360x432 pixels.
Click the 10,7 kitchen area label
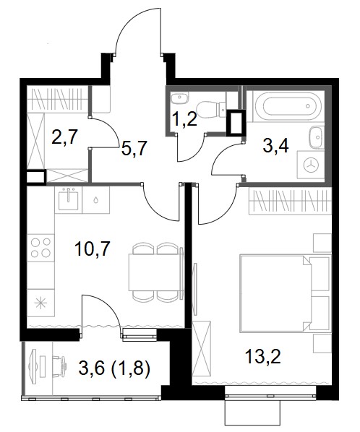point(93,249)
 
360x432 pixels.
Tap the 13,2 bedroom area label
point(262,356)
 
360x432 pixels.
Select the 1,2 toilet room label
point(184,118)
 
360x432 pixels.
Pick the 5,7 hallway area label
point(134,148)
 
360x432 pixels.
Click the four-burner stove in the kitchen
point(40,248)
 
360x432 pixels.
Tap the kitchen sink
point(68,199)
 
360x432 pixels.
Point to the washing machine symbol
point(311,165)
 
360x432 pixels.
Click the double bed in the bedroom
point(286,293)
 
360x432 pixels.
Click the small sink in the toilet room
point(179,98)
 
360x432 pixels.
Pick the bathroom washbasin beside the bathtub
point(317,137)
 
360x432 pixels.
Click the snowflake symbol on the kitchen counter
point(40,303)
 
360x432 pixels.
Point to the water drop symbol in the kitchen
point(95,199)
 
